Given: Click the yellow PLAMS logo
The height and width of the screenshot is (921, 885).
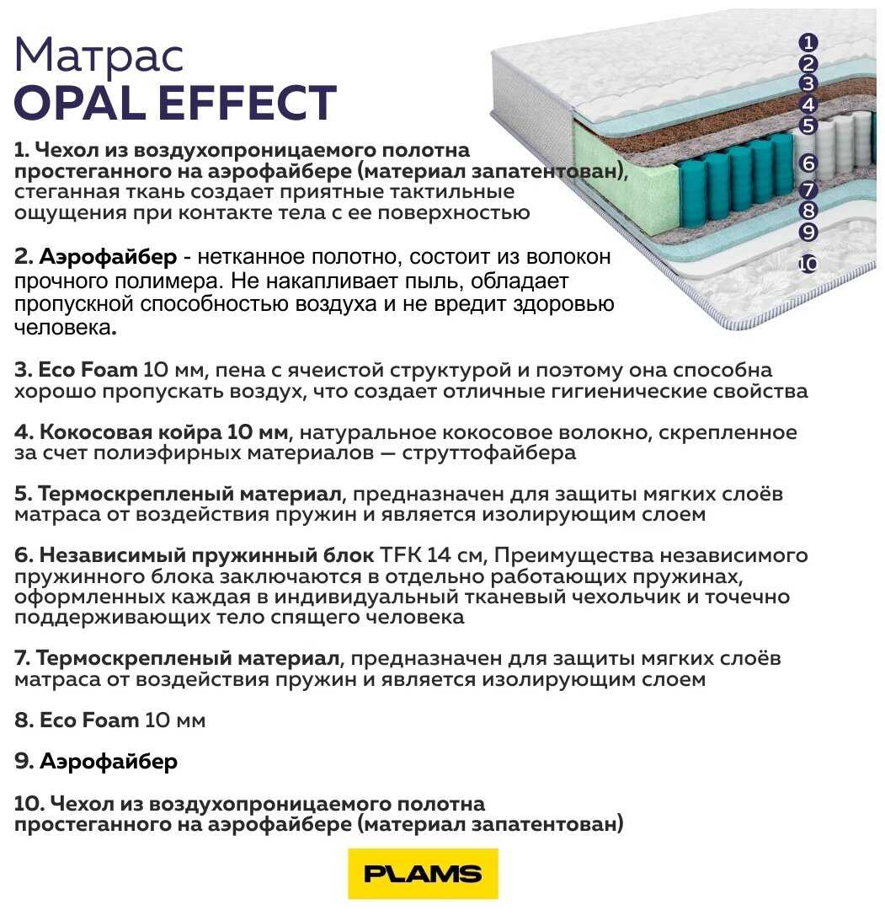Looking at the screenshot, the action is tap(423, 873).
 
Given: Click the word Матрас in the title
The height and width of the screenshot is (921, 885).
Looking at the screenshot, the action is tap(99, 56).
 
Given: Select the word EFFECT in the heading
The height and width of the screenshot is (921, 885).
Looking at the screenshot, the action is tap(247, 102).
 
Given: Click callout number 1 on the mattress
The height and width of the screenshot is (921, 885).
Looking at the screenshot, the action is tap(808, 42).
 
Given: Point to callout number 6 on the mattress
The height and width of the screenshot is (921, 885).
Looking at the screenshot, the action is tap(808, 163).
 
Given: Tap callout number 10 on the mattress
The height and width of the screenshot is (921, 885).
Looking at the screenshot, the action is tap(808, 264).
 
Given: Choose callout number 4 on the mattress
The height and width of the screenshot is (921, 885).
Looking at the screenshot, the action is tap(808, 104).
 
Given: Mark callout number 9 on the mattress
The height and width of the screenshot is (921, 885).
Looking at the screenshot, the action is tap(808, 232).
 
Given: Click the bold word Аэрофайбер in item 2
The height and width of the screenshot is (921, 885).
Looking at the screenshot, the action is tap(108, 257).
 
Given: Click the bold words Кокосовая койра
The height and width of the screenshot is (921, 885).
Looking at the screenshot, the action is tap(131, 432).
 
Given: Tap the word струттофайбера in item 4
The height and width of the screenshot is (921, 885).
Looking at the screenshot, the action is tap(489, 453).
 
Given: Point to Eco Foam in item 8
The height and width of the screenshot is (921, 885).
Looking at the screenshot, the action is tap(88, 720).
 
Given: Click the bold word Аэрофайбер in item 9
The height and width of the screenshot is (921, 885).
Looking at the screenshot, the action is tap(108, 762).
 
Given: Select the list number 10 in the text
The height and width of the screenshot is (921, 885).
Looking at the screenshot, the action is tap(29, 803).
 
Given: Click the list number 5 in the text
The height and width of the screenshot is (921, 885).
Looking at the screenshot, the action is tap(23, 494).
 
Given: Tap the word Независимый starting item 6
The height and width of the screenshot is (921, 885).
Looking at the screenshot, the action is tap(111, 554).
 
